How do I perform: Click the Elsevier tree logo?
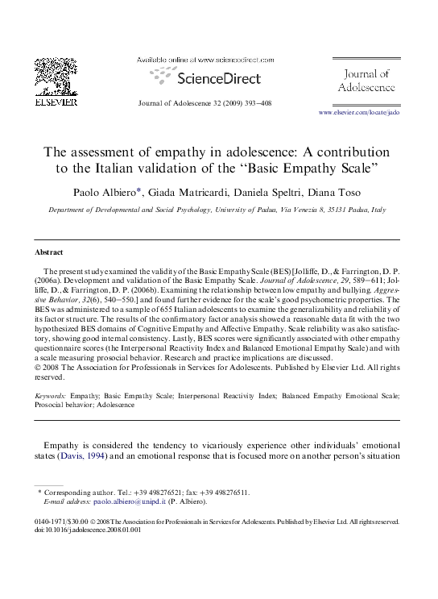55,77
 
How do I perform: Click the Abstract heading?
50,252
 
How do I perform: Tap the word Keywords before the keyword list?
51,397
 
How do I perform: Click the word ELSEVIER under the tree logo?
55,102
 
